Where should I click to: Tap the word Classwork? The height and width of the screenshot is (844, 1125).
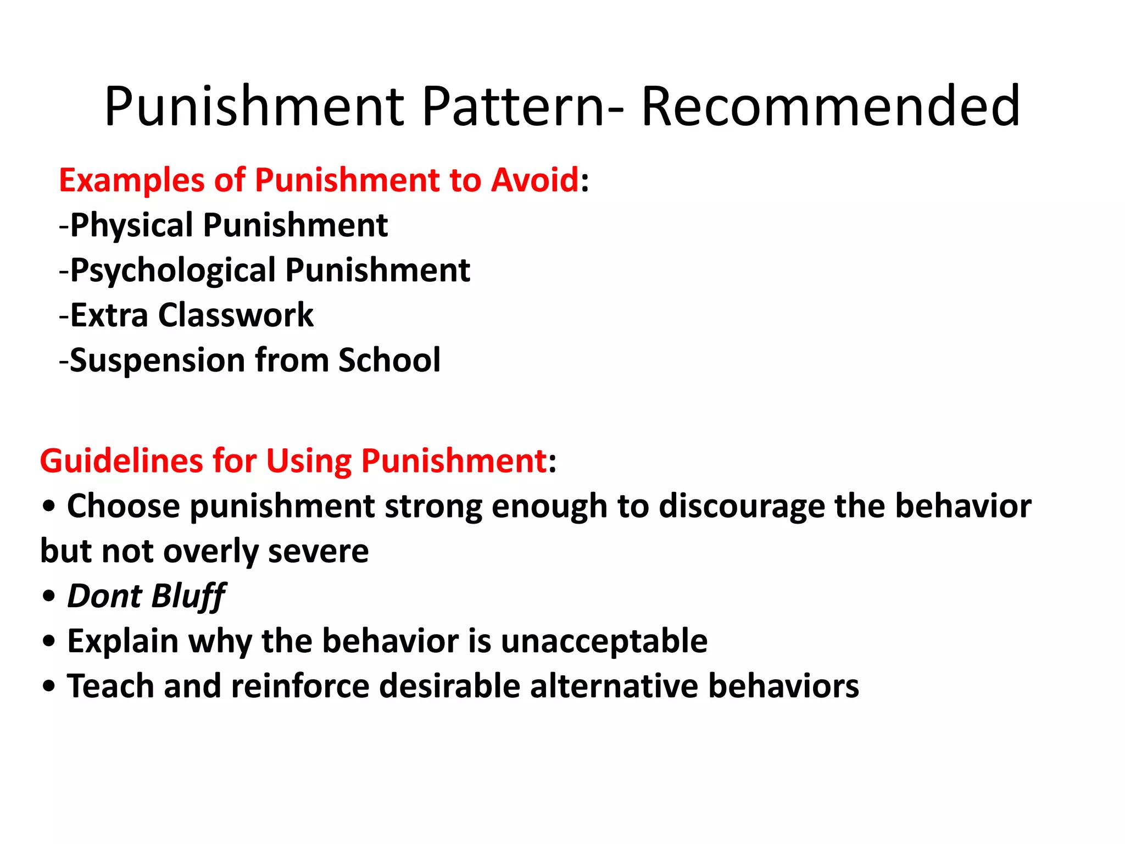(x=236, y=315)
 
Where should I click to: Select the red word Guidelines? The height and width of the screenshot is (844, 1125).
(x=121, y=460)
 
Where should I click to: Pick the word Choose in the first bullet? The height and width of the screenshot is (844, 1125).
(x=123, y=506)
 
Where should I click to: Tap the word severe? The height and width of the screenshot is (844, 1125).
(x=318, y=551)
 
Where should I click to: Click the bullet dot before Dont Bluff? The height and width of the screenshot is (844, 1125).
(x=49, y=596)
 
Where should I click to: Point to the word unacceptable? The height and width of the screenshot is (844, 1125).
(x=604, y=641)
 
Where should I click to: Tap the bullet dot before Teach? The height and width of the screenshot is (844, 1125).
(x=49, y=686)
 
